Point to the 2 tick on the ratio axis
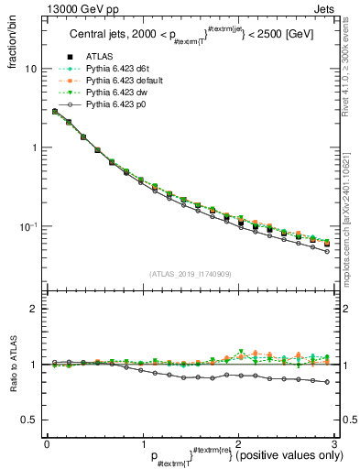[x=33, y=309]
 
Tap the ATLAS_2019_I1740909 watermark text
[x=190, y=274]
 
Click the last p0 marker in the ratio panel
[x=327, y=382]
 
